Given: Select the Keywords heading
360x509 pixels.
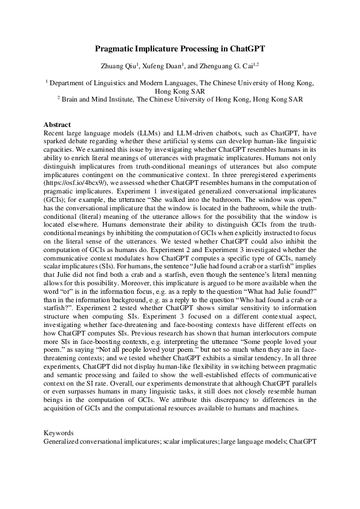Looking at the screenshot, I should [59, 433].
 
